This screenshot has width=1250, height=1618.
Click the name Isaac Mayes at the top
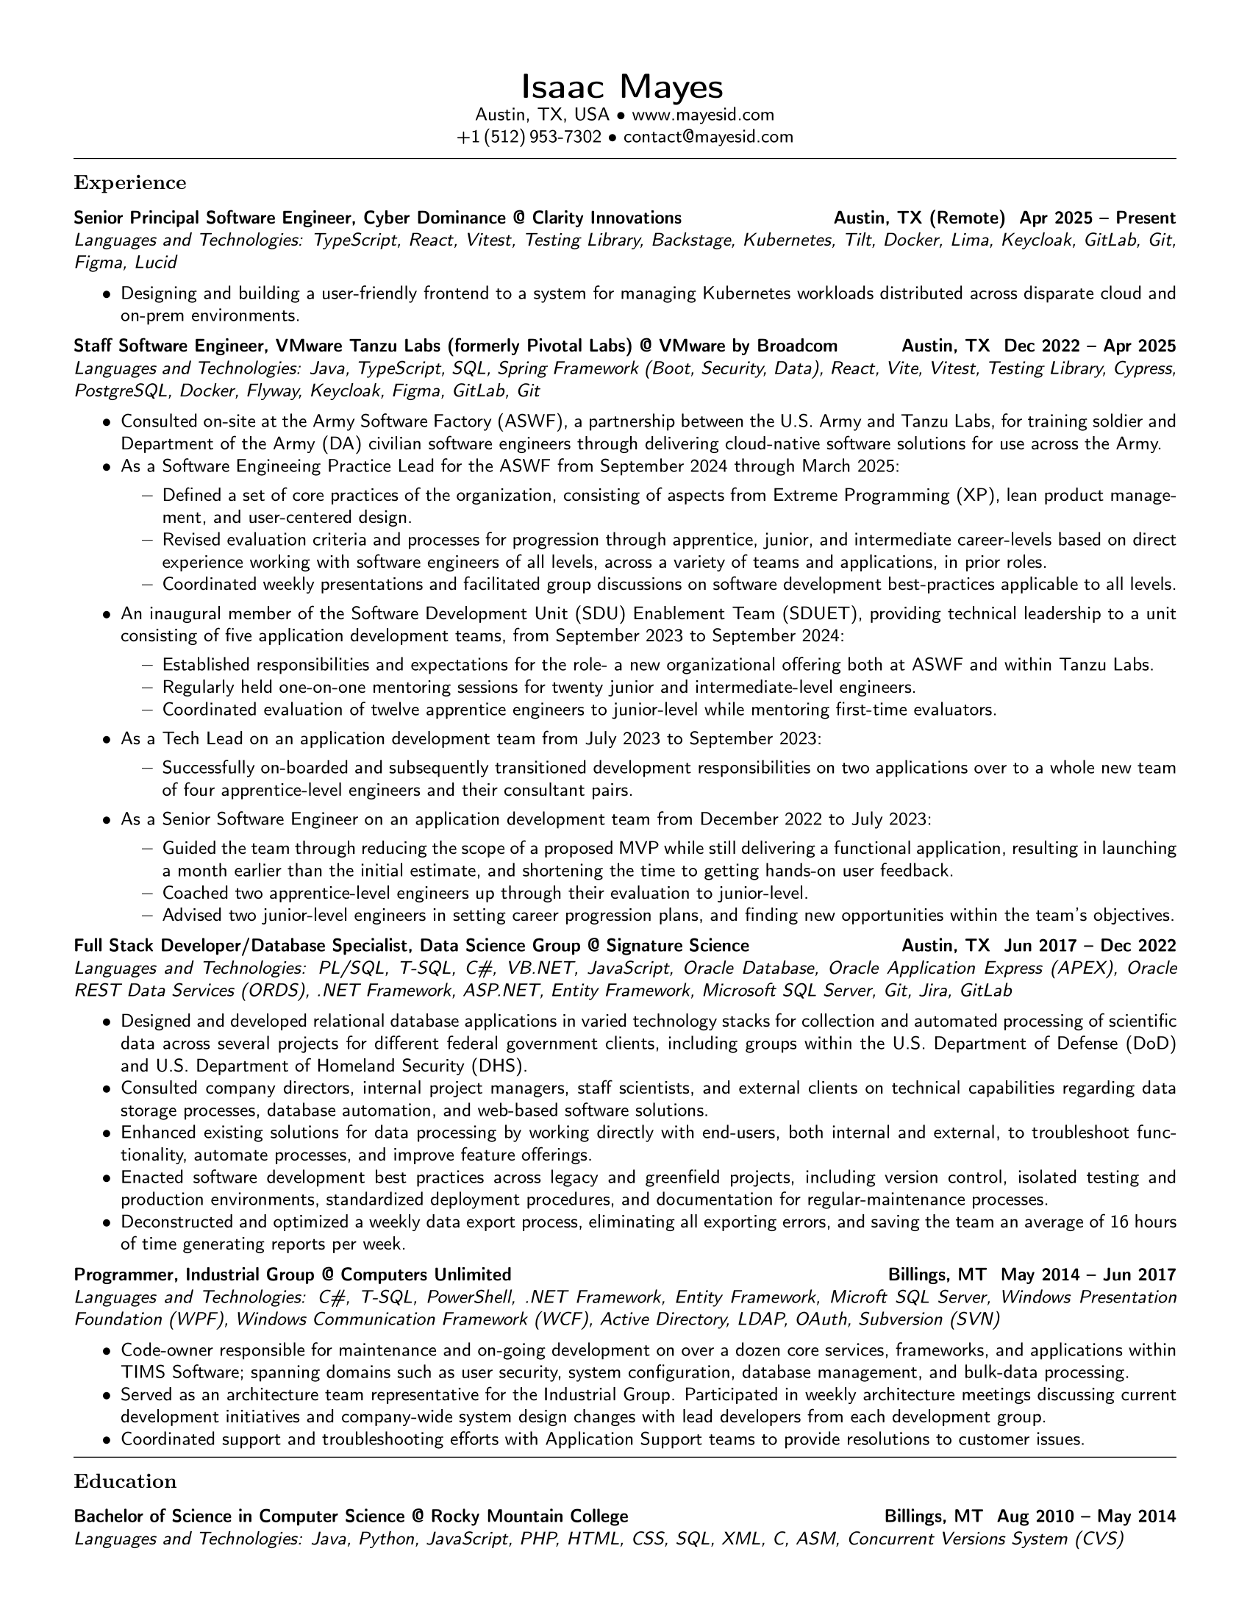point(622,87)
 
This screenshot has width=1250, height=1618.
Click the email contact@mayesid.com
point(708,137)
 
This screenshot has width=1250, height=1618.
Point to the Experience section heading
point(130,182)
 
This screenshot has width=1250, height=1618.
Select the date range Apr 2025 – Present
point(1097,218)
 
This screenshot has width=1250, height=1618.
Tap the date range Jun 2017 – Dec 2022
point(1089,945)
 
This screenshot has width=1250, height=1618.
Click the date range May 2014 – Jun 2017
point(1087,1275)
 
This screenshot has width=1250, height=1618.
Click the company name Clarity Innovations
point(607,218)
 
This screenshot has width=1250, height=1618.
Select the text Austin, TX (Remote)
point(919,218)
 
